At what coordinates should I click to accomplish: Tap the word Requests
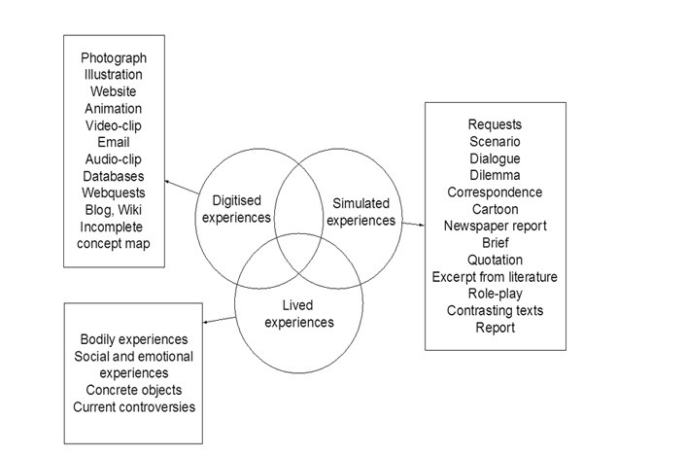pyautogui.click(x=495, y=124)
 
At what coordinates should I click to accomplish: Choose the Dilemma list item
pyautogui.click(x=495, y=175)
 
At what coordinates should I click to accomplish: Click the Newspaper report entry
pyautogui.click(x=495, y=226)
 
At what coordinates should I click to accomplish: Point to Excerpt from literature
pyautogui.click(x=495, y=277)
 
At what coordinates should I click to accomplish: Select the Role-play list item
pyautogui.click(x=495, y=294)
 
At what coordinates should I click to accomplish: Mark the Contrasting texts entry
pyautogui.click(x=495, y=311)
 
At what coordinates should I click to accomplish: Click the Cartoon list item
pyautogui.click(x=495, y=209)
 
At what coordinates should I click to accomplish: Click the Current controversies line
pyautogui.click(x=134, y=405)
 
